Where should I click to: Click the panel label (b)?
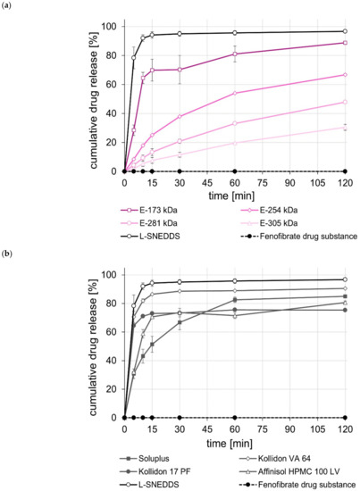click(x=12, y=254)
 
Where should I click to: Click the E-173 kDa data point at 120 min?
click(x=346, y=43)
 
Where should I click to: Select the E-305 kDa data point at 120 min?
click(x=346, y=127)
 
